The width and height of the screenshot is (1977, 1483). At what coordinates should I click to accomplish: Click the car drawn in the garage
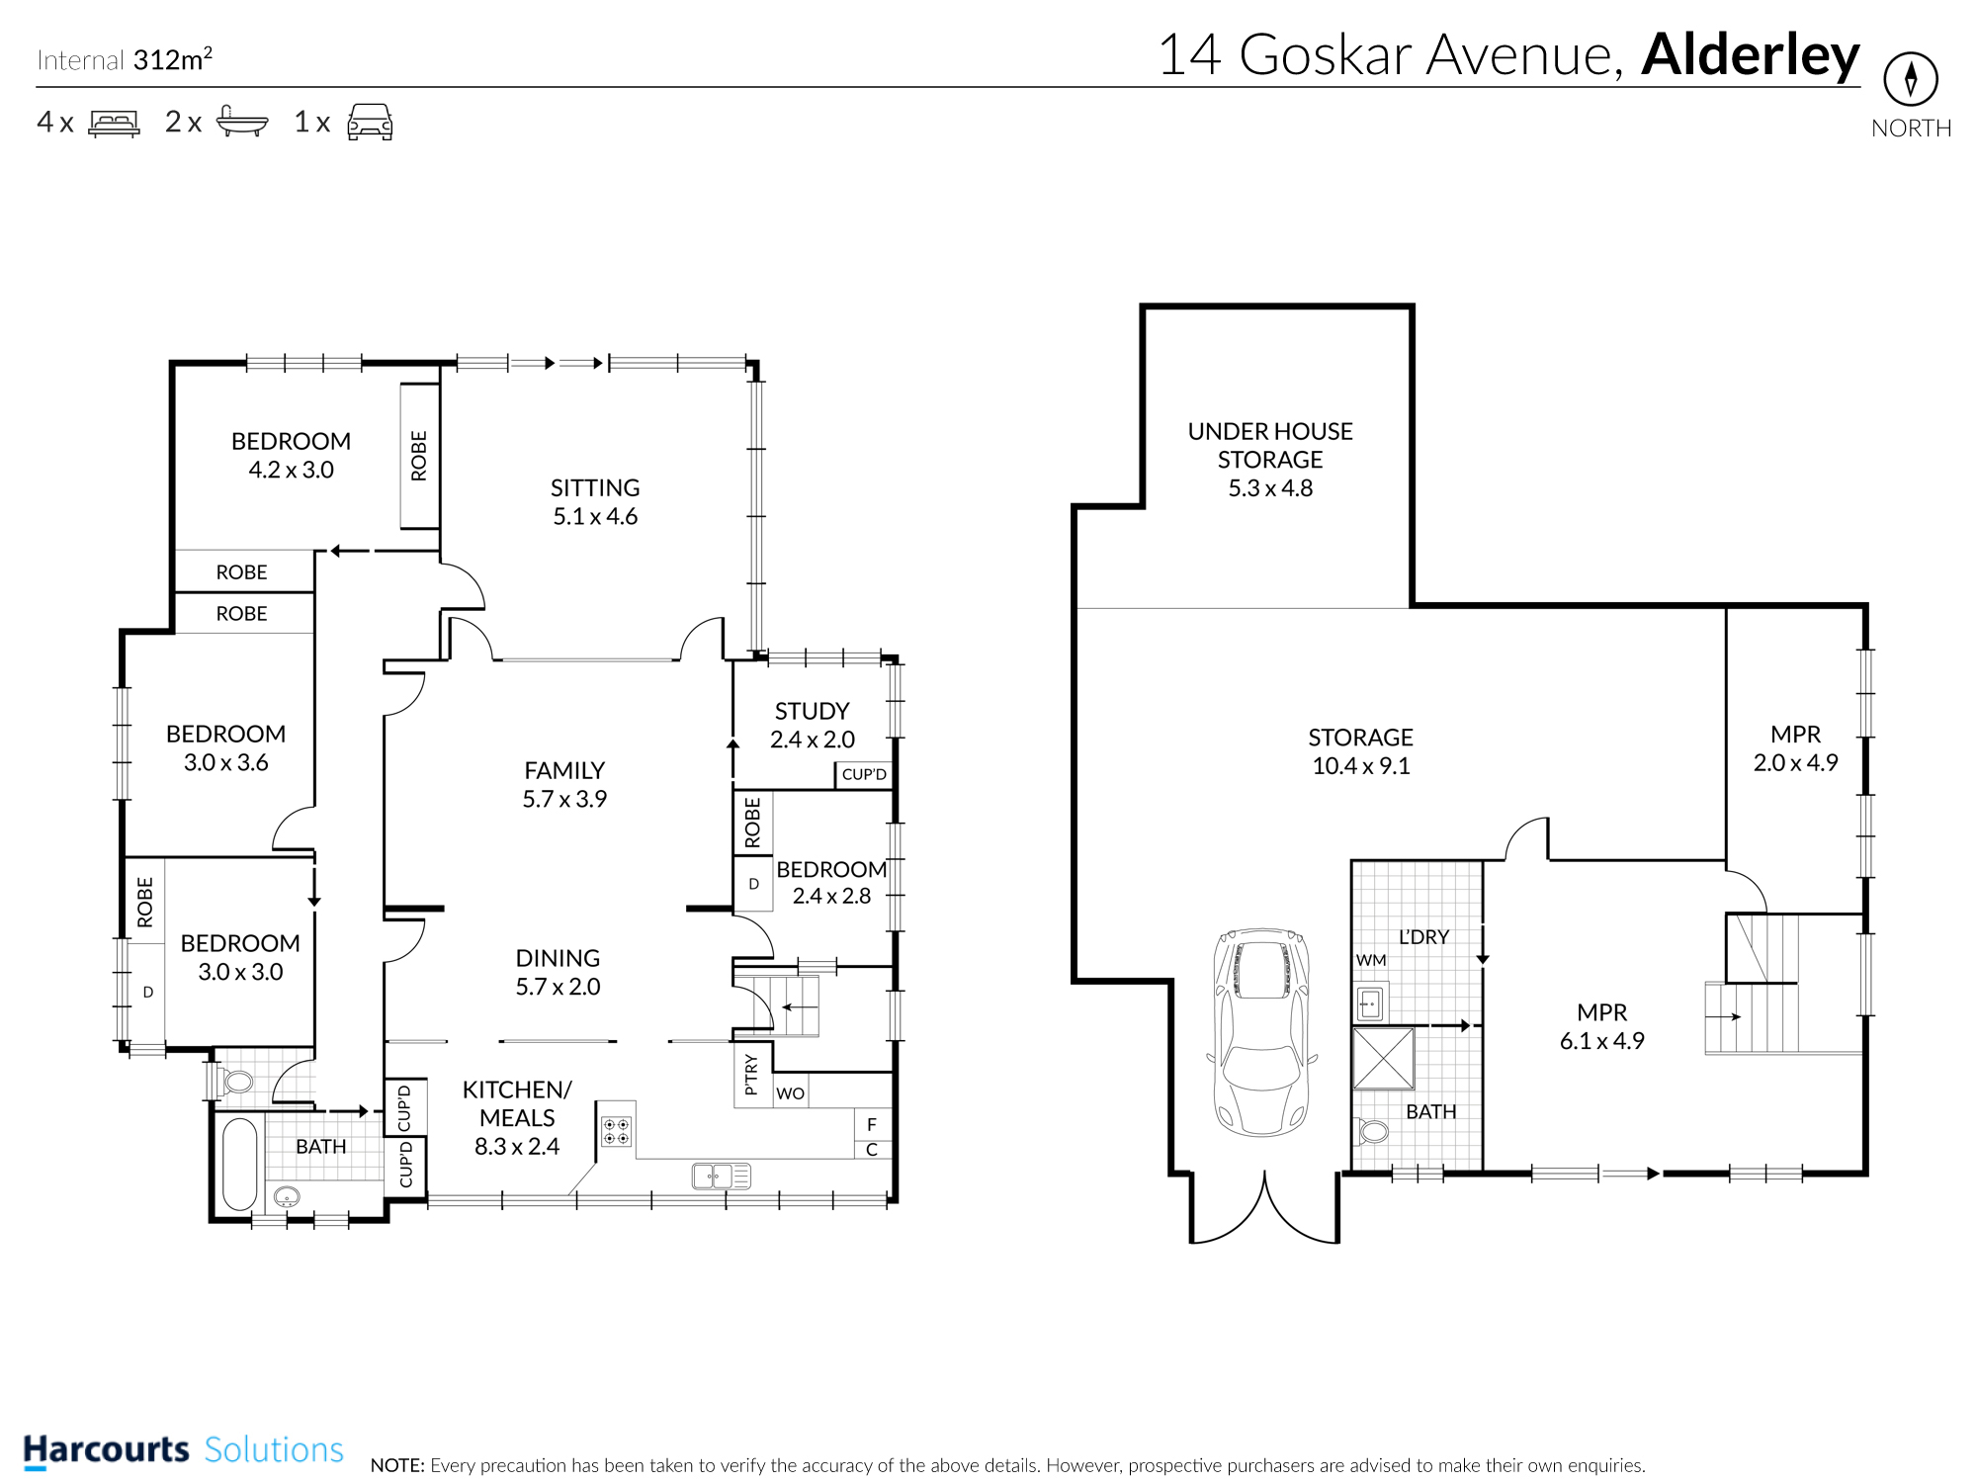pyautogui.click(x=1262, y=1031)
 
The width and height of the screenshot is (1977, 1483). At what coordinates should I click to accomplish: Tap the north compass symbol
pyautogui.click(x=1911, y=79)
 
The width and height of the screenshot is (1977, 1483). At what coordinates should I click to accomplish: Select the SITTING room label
pyautogui.click(x=595, y=488)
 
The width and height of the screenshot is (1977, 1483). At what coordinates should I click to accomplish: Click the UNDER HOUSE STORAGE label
pyautogui.click(x=1270, y=446)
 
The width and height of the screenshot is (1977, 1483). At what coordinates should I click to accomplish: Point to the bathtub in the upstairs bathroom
pyautogui.click(x=239, y=1164)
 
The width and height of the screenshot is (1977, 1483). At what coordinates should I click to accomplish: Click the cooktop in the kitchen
pyautogui.click(x=616, y=1131)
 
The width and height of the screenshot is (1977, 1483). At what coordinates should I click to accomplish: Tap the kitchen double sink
pyautogui.click(x=722, y=1176)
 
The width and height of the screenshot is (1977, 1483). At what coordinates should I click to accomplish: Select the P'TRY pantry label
pyautogui.click(x=751, y=1074)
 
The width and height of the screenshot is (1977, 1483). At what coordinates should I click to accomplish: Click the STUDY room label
pyautogui.click(x=813, y=711)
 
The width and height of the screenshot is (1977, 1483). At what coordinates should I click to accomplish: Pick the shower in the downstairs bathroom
pyautogui.click(x=1383, y=1058)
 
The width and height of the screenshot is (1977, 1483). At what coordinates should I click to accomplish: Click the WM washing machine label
pyautogui.click(x=1371, y=960)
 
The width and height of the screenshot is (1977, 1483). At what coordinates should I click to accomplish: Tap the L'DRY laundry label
pyautogui.click(x=1423, y=936)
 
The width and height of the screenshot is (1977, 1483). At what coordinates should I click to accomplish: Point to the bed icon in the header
pyautogui.click(x=115, y=123)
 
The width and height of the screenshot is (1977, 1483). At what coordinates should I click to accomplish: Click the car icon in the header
pyautogui.click(x=370, y=122)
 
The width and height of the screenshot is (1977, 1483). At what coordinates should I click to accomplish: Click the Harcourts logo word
pyautogui.click(x=106, y=1450)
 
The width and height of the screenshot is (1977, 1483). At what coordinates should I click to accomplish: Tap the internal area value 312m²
pyautogui.click(x=173, y=59)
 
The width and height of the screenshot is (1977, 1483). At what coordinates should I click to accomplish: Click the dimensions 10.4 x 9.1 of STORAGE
pyautogui.click(x=1361, y=766)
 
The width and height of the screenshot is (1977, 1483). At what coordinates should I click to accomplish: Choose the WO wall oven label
pyautogui.click(x=791, y=1093)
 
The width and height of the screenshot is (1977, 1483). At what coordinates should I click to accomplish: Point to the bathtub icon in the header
pyautogui.click(x=242, y=121)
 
